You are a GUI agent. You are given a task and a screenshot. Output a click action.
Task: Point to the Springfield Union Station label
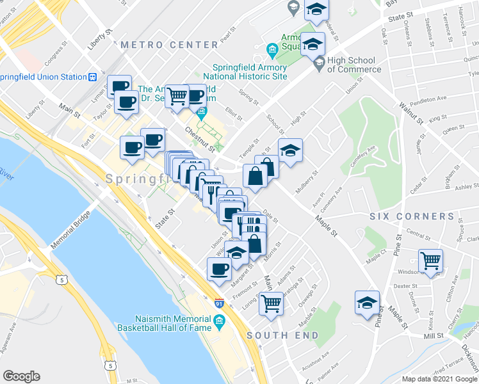[x=42, y=77]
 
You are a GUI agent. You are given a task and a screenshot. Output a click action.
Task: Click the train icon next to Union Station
[x=92, y=77]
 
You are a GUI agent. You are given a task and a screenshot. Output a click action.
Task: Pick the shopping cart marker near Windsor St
[x=430, y=260]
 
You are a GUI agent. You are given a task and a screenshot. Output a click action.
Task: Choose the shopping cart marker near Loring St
[x=271, y=303]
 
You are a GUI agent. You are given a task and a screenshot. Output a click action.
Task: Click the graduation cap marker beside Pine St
[x=368, y=302]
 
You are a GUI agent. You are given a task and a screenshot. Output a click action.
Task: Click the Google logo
[x=22, y=376]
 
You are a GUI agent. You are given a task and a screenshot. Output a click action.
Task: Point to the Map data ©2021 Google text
[x=439, y=378]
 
